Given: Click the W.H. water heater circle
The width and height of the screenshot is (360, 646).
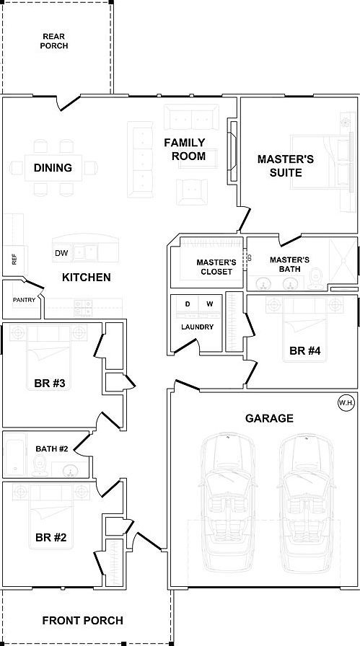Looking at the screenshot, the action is [x=346, y=402].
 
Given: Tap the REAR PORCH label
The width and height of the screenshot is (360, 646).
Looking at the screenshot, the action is [x=54, y=41].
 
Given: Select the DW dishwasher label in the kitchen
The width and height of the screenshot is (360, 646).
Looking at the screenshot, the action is [x=61, y=253].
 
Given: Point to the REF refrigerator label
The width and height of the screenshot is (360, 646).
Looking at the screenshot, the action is [x=14, y=260].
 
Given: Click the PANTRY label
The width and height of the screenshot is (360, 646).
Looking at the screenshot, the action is [x=24, y=300].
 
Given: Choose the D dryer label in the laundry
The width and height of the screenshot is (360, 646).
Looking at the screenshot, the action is [x=188, y=304].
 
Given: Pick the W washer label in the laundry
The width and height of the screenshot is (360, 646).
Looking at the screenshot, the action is [x=210, y=304].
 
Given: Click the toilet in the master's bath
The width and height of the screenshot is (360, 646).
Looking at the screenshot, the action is [x=316, y=278].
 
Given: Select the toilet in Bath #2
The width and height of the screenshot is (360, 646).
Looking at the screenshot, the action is [x=40, y=466].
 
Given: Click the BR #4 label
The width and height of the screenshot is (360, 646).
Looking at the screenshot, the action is [x=305, y=351].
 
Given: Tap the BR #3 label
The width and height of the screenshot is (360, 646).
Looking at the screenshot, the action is [x=50, y=384].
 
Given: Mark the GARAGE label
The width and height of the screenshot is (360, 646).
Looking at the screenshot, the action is [x=269, y=419].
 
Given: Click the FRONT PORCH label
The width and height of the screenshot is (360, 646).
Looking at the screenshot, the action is [x=82, y=620].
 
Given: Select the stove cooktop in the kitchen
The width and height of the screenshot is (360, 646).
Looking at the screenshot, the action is [x=83, y=308].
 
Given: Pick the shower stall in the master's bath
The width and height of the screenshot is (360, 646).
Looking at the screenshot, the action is [x=343, y=260].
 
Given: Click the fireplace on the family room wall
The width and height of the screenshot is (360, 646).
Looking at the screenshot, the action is [x=233, y=151].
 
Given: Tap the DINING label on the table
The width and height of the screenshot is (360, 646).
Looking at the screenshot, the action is [x=53, y=168].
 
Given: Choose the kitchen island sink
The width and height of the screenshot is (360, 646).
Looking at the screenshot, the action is [x=85, y=252].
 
